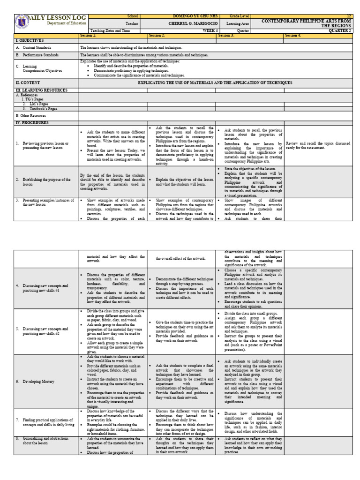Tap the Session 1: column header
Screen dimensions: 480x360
pos(88,35)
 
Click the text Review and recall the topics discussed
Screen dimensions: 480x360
pos(318,143)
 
